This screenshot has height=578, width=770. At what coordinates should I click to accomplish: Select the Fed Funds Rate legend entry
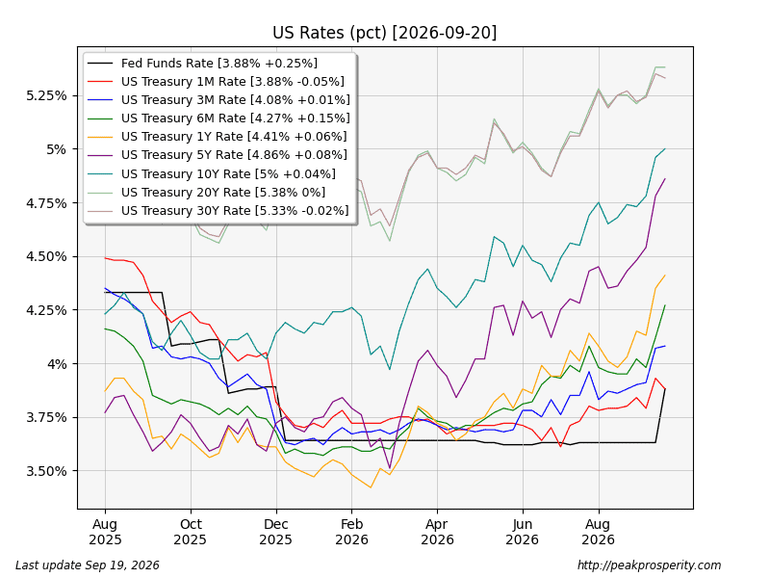tap(202, 64)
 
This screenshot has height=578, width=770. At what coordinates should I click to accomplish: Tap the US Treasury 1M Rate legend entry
tap(216, 82)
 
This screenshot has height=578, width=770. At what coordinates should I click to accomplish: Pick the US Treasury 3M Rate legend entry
tap(218, 100)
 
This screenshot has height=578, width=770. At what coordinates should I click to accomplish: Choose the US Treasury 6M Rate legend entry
tap(218, 118)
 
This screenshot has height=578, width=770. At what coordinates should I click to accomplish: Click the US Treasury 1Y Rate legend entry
tap(218, 137)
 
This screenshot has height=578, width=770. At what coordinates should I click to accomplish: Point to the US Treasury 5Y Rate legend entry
tap(218, 155)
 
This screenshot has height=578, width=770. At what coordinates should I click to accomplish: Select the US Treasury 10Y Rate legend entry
tap(212, 174)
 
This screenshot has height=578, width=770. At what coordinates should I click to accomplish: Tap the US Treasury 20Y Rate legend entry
tap(206, 192)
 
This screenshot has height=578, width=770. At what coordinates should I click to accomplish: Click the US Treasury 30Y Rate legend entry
tap(218, 211)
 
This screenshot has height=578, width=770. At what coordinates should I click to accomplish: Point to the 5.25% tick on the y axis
tap(46, 95)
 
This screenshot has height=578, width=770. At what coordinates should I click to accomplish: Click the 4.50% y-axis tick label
tap(46, 256)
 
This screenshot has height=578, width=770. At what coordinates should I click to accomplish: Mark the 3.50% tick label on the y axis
tap(46, 471)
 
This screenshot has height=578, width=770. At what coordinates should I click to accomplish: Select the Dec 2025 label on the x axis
tap(275, 532)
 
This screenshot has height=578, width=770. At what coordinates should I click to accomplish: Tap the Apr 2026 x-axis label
tap(437, 532)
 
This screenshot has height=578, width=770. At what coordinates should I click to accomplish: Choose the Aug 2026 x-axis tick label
tap(598, 532)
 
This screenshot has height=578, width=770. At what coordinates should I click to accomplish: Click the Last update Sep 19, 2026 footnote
tap(88, 565)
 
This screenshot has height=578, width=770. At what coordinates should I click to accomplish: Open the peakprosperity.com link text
tap(649, 565)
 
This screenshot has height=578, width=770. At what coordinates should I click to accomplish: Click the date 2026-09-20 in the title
tap(445, 33)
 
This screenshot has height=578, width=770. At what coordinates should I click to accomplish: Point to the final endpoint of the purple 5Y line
tap(665, 179)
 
